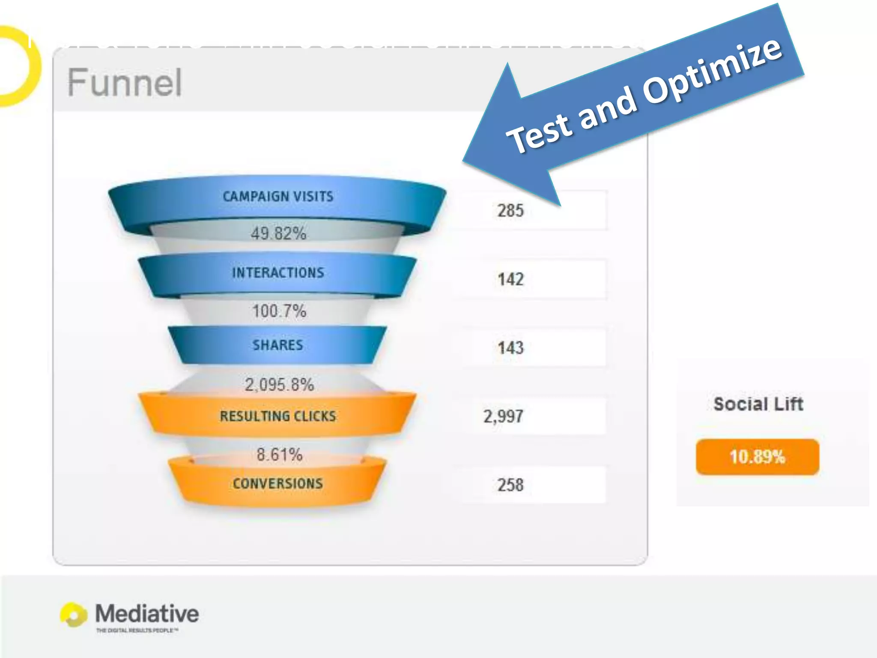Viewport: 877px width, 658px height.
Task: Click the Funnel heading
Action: point(125,82)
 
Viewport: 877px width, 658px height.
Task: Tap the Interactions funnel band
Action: point(277,273)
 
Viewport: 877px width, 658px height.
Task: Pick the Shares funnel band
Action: point(277,345)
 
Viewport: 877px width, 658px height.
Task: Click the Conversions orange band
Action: point(277,483)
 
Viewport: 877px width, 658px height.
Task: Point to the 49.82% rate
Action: point(278,233)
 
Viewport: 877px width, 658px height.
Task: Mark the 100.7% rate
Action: point(279,311)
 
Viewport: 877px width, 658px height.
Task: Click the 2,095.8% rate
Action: point(279,384)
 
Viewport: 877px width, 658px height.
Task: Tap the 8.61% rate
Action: point(279,454)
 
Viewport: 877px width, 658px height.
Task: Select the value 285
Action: point(510,211)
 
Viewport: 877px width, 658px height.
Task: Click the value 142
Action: point(510,279)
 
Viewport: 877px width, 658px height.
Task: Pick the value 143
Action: point(510,347)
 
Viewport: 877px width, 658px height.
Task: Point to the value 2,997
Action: point(503,416)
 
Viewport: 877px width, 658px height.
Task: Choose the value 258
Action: point(510,485)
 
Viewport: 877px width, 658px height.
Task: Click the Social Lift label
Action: point(758,404)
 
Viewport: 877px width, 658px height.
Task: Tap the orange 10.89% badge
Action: point(757,457)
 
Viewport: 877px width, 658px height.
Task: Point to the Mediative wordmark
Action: point(147,613)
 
